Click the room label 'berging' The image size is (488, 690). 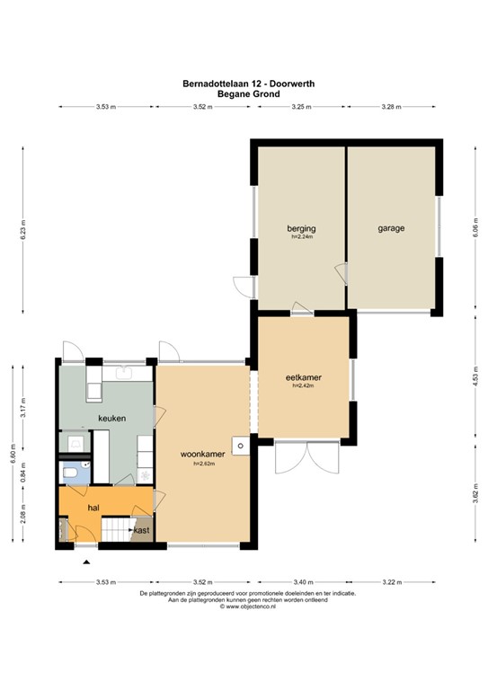[x=301, y=228]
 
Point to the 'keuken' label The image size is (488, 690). [x=112, y=419]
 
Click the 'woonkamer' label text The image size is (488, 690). [x=201, y=453]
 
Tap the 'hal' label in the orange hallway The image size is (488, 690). [x=92, y=508]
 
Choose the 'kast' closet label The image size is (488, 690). [x=142, y=531]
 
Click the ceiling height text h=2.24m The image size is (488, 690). [x=301, y=237]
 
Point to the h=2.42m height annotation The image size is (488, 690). [x=303, y=386]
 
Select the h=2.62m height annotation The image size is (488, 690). [x=201, y=464]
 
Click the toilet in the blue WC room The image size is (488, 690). [x=71, y=473]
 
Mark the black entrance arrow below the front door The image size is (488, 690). [x=86, y=562]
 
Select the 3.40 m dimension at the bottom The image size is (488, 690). [x=303, y=583]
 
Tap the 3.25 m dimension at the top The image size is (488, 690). [x=301, y=107]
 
